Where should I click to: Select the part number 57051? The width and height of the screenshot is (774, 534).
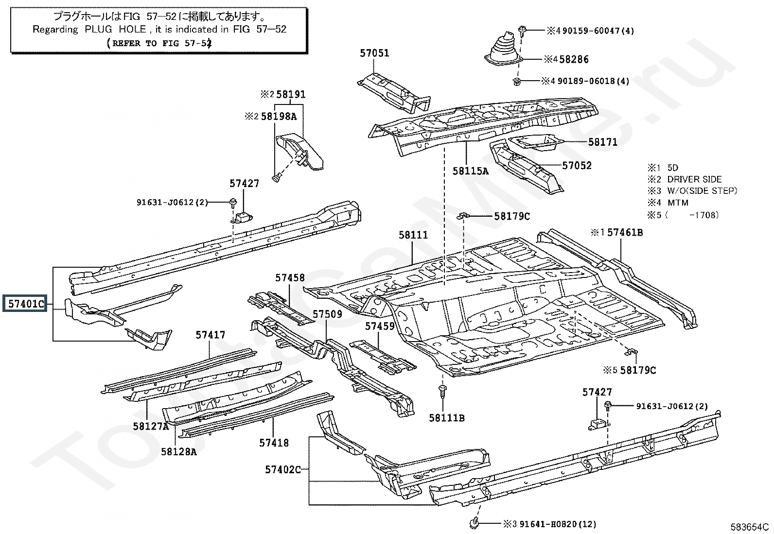pyautogui.click(x=374, y=53)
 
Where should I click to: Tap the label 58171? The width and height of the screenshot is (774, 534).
pyautogui.click(x=602, y=142)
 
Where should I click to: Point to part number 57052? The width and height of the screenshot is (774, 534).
pyautogui.click(x=577, y=165)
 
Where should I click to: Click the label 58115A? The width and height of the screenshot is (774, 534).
pyautogui.click(x=470, y=171)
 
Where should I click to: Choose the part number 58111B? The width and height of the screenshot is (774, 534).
pyautogui.click(x=446, y=418)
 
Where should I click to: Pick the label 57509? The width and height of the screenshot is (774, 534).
pyautogui.click(x=327, y=314)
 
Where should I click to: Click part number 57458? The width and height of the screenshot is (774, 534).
pyautogui.click(x=290, y=277)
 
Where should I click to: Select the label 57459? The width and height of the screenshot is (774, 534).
pyautogui.click(x=380, y=327)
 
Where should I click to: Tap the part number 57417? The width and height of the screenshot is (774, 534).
pyautogui.click(x=211, y=335)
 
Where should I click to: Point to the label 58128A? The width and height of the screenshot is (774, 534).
pyautogui.click(x=178, y=452)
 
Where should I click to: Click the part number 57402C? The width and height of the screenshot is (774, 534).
pyautogui.click(x=282, y=469)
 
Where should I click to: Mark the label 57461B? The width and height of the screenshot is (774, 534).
pyautogui.click(x=625, y=233)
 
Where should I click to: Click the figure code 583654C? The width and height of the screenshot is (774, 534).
pyautogui.click(x=749, y=527)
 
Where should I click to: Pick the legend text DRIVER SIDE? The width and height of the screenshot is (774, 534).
pyautogui.click(x=694, y=179)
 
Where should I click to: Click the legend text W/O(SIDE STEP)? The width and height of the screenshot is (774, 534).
pyautogui.click(x=702, y=191)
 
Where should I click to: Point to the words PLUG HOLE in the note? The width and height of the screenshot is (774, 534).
pyautogui.click(x=115, y=29)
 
